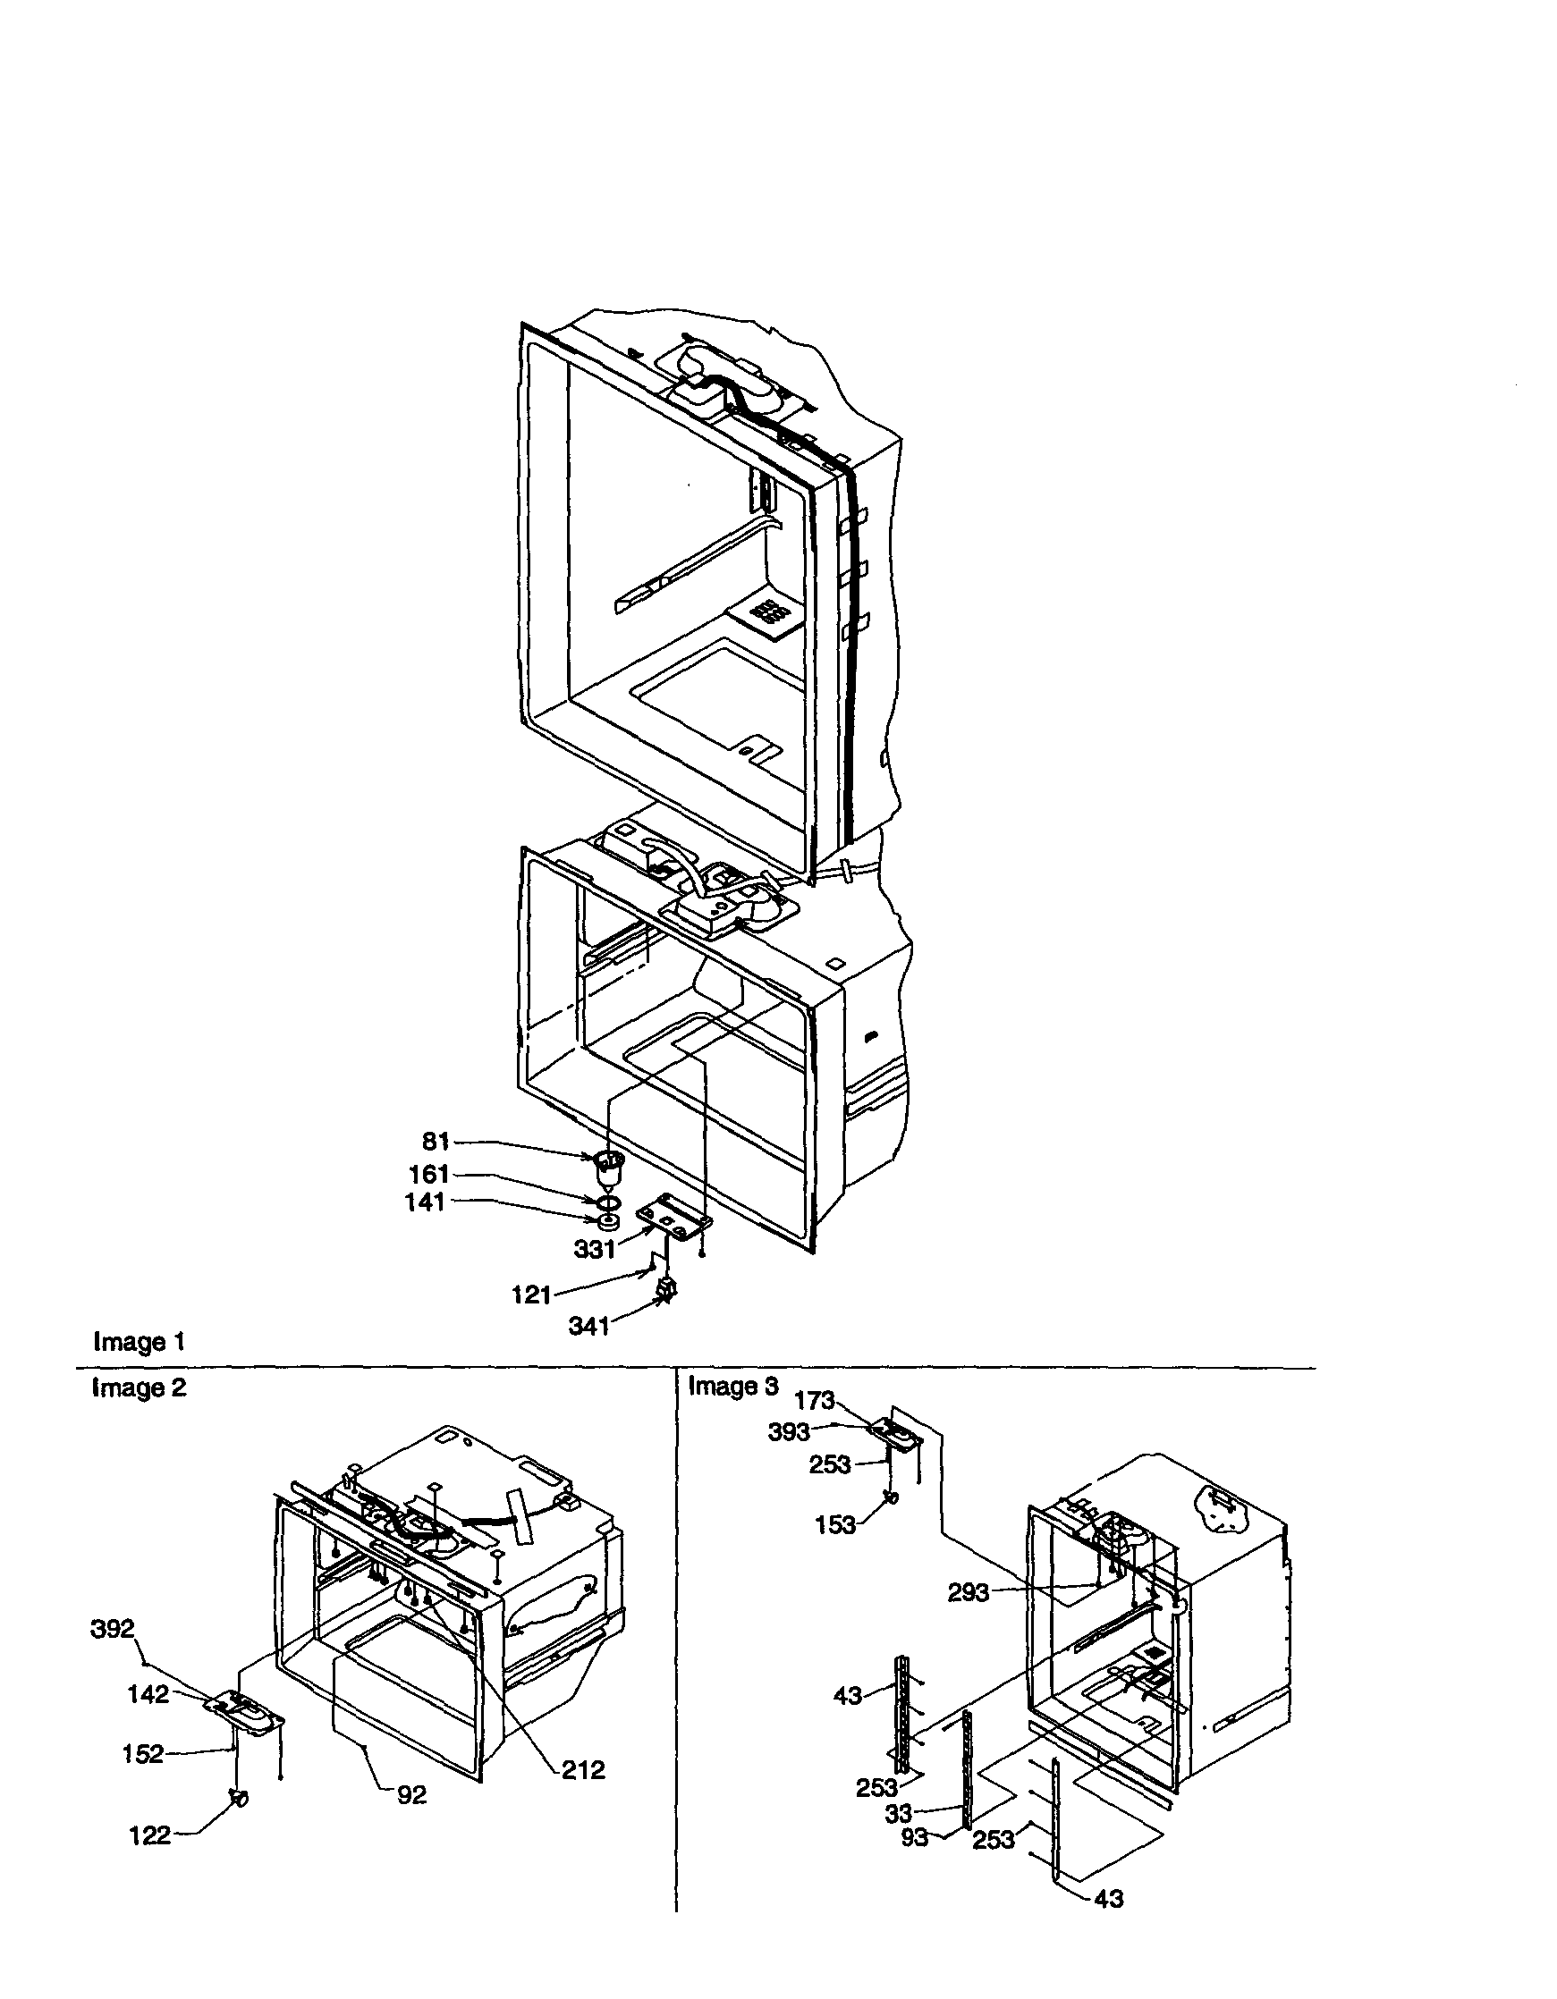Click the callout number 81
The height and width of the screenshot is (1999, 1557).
(x=436, y=1142)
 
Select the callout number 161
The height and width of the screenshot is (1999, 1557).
(x=428, y=1175)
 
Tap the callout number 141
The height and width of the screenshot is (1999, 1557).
(x=425, y=1202)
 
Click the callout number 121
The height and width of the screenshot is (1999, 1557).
(x=532, y=1295)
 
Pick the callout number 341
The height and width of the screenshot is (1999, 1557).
(x=588, y=1327)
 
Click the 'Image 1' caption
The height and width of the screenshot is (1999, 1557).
(x=140, y=1342)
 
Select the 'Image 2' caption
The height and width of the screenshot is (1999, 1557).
(x=140, y=1387)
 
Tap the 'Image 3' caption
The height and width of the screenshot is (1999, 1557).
(x=733, y=1386)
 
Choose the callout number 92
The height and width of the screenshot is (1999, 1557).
(x=412, y=1795)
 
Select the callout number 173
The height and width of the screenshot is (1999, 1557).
(x=814, y=1399)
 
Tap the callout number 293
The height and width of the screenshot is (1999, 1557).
(x=968, y=1592)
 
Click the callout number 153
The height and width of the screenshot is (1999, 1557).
(x=834, y=1524)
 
